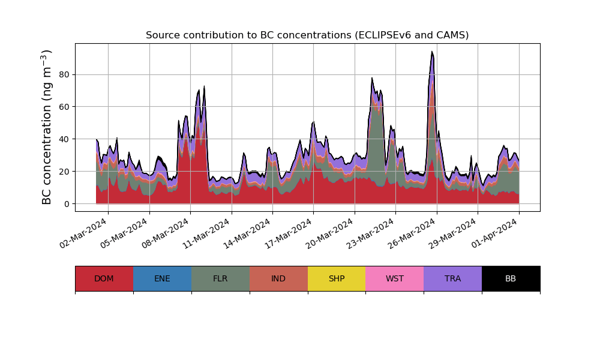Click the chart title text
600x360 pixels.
[307, 35]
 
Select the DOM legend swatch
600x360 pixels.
[104, 278]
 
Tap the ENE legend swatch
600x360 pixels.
[162, 278]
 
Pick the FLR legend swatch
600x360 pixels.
[220, 278]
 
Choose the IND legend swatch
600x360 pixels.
[278, 278]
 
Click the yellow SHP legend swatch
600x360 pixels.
[337, 278]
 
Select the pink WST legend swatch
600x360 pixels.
[394, 278]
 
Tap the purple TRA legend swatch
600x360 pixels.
[452, 278]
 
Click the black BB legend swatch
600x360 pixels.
[511, 278]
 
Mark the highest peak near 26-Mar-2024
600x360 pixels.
[432, 52]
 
